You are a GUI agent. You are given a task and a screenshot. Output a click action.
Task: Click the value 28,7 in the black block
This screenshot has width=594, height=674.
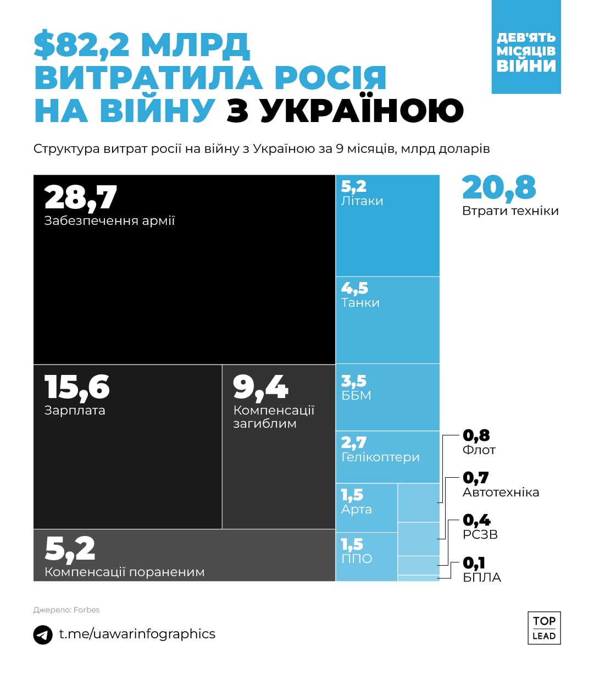(x=80, y=197)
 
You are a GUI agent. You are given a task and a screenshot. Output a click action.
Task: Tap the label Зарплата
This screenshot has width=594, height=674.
(x=75, y=411)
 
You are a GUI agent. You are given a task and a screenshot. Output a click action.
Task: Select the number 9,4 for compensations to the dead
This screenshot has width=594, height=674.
(x=260, y=387)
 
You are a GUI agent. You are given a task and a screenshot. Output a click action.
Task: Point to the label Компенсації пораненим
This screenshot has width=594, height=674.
(x=124, y=572)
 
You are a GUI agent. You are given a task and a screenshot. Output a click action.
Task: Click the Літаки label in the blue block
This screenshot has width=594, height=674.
(x=362, y=201)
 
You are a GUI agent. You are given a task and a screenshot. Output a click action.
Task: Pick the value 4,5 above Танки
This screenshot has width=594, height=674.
(x=354, y=288)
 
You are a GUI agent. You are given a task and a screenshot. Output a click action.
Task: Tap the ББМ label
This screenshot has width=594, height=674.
(x=356, y=396)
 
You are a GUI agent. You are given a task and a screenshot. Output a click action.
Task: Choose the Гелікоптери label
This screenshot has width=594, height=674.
(x=380, y=457)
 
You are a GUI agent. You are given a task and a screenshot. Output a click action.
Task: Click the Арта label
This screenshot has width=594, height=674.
(x=356, y=510)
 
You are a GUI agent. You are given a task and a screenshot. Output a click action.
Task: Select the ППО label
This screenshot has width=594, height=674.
(x=357, y=559)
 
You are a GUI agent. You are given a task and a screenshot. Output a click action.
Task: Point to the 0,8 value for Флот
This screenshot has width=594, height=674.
(x=476, y=435)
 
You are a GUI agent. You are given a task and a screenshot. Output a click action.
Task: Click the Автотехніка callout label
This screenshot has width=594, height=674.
(x=501, y=493)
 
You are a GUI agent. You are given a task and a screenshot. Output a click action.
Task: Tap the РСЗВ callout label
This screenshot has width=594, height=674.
(x=480, y=534)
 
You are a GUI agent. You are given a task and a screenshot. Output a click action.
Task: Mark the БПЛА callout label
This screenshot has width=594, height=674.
(x=481, y=577)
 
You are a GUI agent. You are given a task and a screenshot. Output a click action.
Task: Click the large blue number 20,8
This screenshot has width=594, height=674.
(x=498, y=187)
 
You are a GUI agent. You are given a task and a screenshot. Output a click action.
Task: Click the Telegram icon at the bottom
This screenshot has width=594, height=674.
(x=43, y=634)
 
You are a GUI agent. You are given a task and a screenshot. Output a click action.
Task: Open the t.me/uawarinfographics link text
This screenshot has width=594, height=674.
(x=137, y=634)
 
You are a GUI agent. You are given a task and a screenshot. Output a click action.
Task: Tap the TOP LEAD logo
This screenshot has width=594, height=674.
(x=543, y=628)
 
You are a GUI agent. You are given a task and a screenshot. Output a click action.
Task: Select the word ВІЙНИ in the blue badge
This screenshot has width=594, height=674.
(x=526, y=66)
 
